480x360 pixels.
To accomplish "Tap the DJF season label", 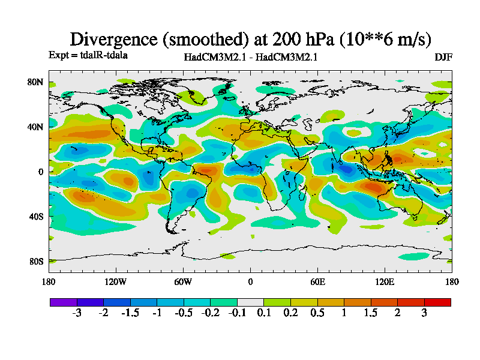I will pyautogui.click(x=443, y=57).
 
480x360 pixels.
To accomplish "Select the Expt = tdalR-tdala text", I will pyautogui.click(x=88, y=55).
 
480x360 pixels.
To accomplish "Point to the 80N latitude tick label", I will pyautogui.click(x=36, y=82).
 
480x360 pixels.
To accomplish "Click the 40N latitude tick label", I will pyautogui.click(x=36, y=127).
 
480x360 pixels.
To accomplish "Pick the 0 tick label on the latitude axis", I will pyautogui.click(x=41, y=172).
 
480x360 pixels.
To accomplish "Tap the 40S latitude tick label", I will pyautogui.click(x=36, y=217).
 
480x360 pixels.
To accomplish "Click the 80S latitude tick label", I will pyautogui.click(x=36, y=262).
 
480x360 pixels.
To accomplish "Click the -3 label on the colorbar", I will pyautogui.click(x=76, y=313).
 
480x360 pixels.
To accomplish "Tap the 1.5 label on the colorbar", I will pyautogui.click(x=371, y=313).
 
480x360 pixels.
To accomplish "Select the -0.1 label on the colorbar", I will pyautogui.click(x=236, y=313).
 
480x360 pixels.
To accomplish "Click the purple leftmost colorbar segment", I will pyautogui.click(x=63, y=302).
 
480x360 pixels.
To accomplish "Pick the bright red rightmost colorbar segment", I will pyautogui.click(x=437, y=302).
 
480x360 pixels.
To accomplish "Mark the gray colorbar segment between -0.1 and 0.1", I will pyautogui.click(x=250, y=302).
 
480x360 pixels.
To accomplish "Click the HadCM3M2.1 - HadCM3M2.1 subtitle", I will pyautogui.click(x=251, y=57).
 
